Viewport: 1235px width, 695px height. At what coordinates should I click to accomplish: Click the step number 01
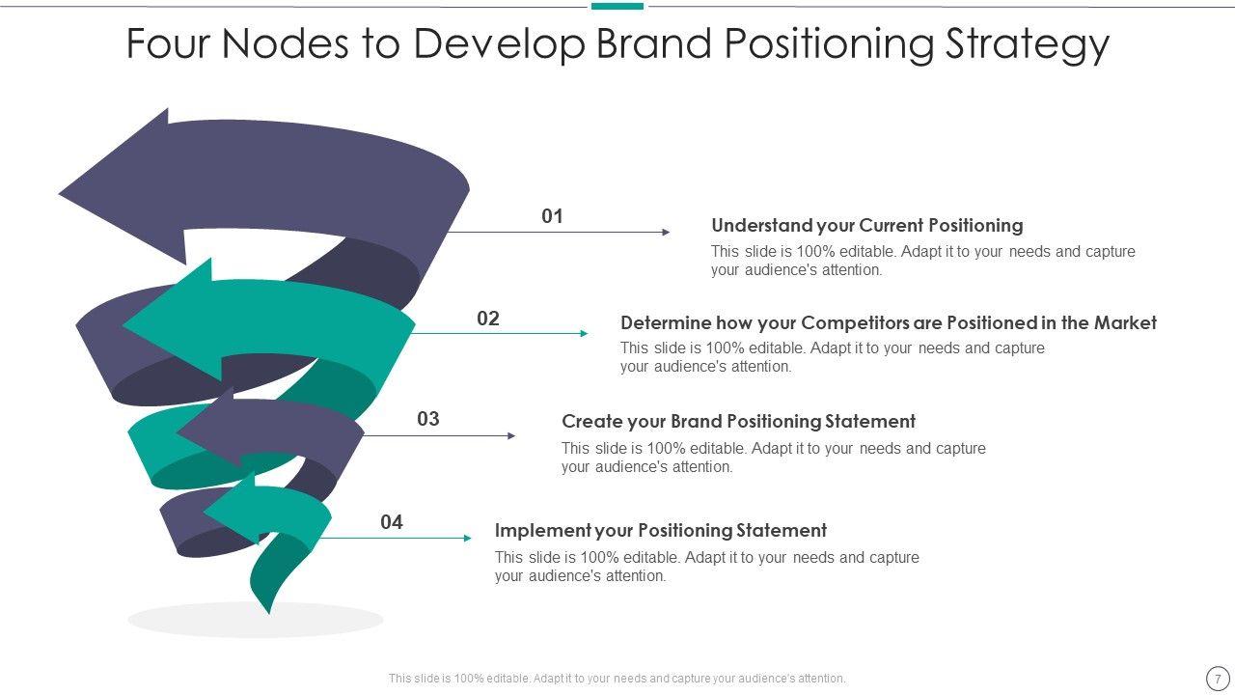[x=552, y=216]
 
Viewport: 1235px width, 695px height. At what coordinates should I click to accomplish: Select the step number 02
[x=488, y=319]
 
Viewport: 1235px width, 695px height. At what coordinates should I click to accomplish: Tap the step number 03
[x=428, y=419]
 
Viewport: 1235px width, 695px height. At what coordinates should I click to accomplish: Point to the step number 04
[x=391, y=522]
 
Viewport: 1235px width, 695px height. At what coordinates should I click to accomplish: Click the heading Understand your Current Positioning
[x=866, y=226]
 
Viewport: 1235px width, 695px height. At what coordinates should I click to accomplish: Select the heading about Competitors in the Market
[x=888, y=323]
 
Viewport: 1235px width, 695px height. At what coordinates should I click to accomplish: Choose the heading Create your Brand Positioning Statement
[x=738, y=422]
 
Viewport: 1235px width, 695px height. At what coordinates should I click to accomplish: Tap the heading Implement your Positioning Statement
[x=660, y=531]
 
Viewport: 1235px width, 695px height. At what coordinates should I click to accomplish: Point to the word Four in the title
[x=167, y=44]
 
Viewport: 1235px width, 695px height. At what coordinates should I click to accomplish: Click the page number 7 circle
[x=1218, y=679]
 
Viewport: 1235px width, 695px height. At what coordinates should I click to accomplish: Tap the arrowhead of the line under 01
[x=666, y=233]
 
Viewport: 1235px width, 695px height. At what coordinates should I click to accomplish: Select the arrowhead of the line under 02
[x=584, y=334]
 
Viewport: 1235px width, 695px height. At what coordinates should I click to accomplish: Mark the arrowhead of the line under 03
[x=511, y=436]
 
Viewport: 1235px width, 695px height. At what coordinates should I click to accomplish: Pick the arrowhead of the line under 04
[x=468, y=539]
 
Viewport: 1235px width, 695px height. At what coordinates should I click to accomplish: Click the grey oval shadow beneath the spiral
[x=255, y=621]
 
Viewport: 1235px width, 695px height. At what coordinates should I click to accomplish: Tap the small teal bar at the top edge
[x=617, y=6]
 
